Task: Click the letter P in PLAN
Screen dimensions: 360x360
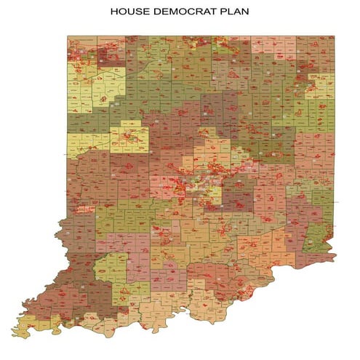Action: click(220, 12)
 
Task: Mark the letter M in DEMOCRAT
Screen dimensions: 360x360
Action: click(177, 12)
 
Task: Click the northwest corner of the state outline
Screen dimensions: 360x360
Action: click(68, 36)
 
